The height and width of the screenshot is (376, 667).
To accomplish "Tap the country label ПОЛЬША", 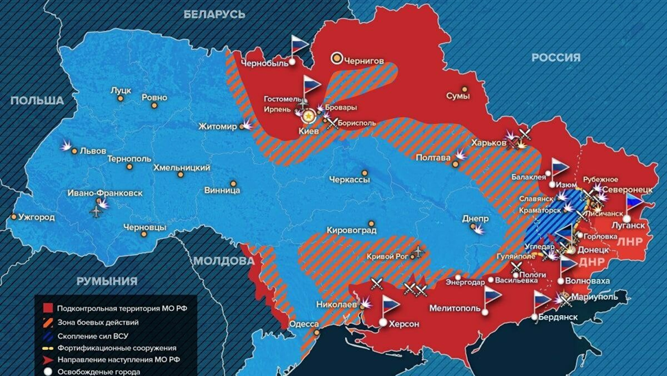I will [36, 101].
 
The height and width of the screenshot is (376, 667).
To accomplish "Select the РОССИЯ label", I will [556, 58].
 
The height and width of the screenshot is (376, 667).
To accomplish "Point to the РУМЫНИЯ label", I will [106, 281].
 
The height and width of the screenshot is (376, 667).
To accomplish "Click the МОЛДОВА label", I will [223, 260].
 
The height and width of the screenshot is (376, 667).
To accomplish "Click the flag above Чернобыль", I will [299, 45].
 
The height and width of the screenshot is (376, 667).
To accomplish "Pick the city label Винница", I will [222, 190].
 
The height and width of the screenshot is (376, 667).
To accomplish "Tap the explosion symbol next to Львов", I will [66, 146].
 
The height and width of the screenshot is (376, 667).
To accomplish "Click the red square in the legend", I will [47, 309].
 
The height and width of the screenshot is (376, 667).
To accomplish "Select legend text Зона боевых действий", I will [99, 322].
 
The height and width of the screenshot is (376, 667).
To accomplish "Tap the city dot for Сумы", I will [465, 89].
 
